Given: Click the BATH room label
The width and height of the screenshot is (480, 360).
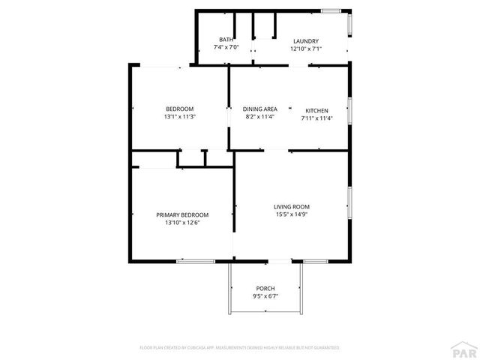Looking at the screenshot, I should point(226,40).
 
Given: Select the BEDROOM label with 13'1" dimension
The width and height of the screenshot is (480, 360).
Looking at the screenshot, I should point(180,109).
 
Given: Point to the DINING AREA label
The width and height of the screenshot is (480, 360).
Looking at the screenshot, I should point(260,109).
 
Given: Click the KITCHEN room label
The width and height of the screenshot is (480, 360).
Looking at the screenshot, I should point(316,110).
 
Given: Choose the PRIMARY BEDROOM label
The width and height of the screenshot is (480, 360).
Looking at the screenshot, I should point(182,214).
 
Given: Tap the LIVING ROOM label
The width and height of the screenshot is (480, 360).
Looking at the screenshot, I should point(292,207).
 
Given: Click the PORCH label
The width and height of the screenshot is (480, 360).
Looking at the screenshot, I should point(265,289).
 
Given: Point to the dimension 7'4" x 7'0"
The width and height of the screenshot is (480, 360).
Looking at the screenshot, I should point(226,48).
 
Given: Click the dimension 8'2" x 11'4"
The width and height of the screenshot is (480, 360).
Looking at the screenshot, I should point(260,117).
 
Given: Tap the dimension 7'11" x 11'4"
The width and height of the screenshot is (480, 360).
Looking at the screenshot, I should point(316,118).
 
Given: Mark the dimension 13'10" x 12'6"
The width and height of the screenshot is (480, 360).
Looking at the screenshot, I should point(182,222).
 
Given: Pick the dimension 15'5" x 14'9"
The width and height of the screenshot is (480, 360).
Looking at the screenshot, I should point(292,214).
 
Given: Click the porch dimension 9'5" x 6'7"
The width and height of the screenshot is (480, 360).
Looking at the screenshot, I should point(265,296).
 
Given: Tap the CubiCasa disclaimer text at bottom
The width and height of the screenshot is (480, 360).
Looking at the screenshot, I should point(240,348).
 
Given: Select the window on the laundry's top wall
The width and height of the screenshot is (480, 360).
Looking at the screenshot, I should point(331,10).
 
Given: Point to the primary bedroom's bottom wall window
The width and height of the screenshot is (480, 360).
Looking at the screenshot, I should point(196,261).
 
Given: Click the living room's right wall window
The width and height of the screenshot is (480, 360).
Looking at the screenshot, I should point(350,202).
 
